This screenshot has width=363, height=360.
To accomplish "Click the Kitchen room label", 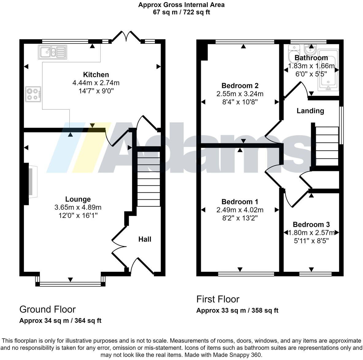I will point(96,74).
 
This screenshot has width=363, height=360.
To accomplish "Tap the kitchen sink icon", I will point(52,52).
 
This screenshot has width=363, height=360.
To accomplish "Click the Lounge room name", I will point(78,199).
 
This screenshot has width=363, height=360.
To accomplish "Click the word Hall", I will point(145,239).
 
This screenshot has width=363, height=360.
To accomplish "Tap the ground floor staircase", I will point(148,178).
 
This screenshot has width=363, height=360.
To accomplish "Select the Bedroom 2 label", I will point(240,85).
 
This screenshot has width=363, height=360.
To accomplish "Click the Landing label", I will point(310,111).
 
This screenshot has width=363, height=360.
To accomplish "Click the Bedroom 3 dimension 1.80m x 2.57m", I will point(311,233).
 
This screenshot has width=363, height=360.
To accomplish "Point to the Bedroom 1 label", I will point(240,202).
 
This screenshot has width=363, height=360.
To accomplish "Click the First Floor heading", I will point(218,299).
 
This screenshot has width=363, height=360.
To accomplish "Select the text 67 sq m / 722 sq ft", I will point(181,12).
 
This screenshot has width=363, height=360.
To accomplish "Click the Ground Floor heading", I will point(47,309).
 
